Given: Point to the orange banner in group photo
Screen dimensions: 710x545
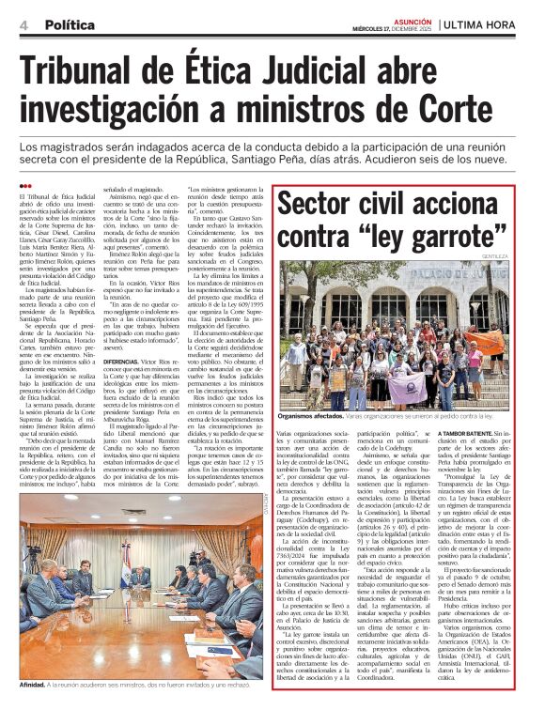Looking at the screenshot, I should pos(443,382).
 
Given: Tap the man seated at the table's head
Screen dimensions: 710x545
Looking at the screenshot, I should pos(140,575).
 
